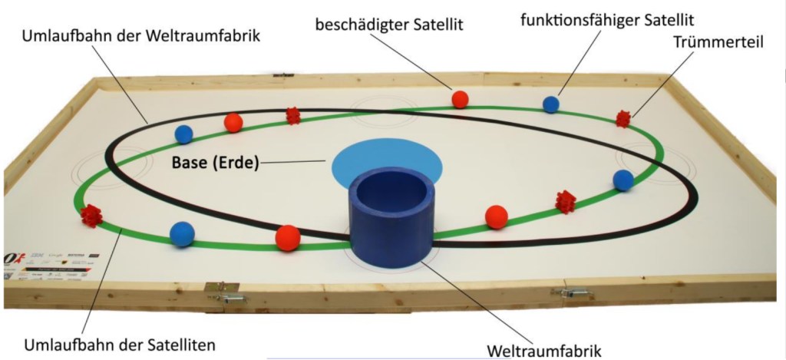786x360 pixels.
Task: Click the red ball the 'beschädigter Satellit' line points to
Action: (x=460, y=99)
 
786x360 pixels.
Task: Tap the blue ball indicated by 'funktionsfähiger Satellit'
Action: (x=550, y=105)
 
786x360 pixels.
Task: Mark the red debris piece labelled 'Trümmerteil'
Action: (x=623, y=118)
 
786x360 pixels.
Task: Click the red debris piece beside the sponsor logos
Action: (x=91, y=216)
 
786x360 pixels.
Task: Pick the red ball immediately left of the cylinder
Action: (x=287, y=238)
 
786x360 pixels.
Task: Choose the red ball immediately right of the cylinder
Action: (x=497, y=216)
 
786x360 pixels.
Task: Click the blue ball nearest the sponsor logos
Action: (x=182, y=233)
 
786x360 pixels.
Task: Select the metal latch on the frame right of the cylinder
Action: (x=573, y=293)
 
